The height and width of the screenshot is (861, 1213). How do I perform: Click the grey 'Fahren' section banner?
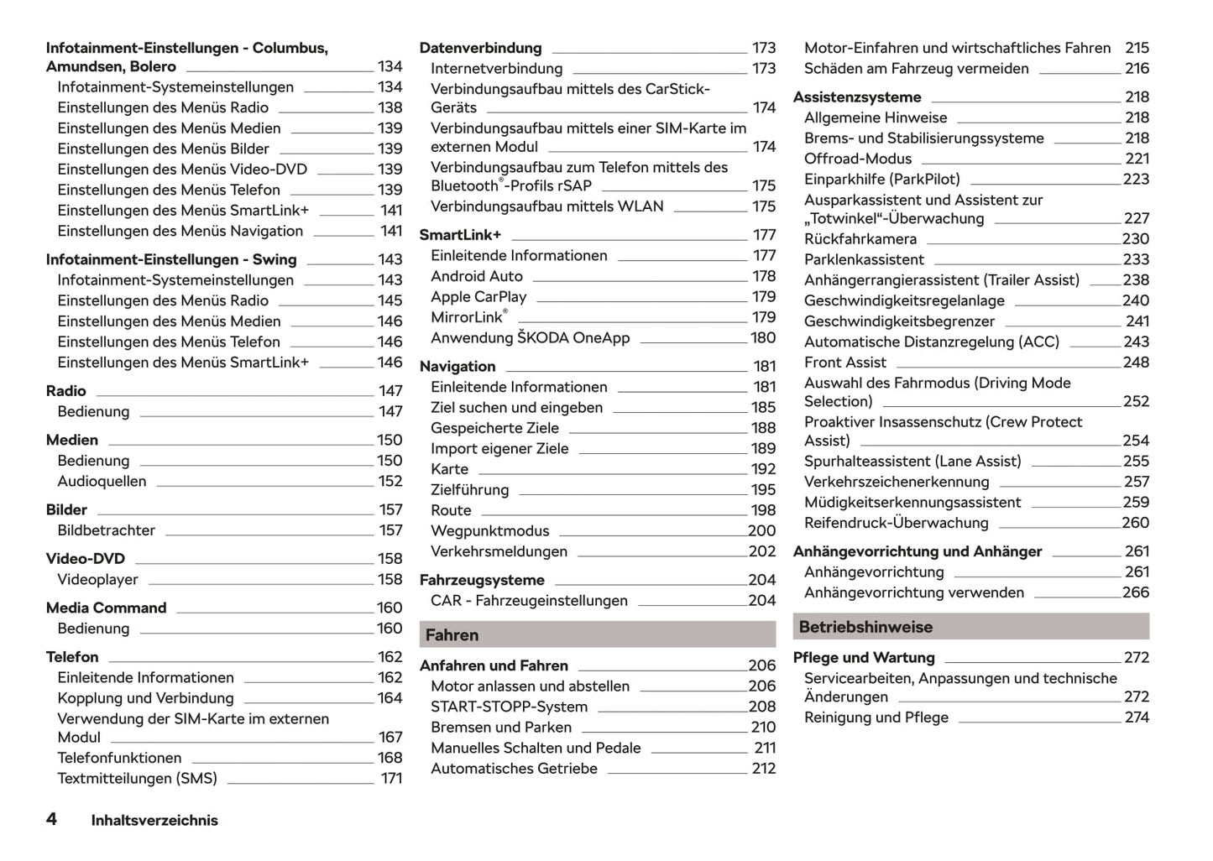pyautogui.click(x=597, y=634)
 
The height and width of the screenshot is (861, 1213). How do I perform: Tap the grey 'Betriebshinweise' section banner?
pyautogui.click(x=970, y=627)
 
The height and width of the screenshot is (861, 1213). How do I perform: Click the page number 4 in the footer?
pyautogui.click(x=51, y=819)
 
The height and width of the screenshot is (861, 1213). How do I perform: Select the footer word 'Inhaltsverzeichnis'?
pyautogui.click(x=154, y=821)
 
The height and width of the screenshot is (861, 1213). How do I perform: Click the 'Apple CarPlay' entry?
pyautogui.click(x=478, y=297)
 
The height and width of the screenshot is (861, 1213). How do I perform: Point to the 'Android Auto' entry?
pyautogui.click(x=477, y=276)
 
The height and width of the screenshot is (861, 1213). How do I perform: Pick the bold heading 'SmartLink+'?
pyautogui.click(x=460, y=235)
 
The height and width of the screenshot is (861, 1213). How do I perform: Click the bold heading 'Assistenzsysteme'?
pyautogui.click(x=857, y=97)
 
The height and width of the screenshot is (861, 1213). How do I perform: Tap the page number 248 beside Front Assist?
pyautogui.click(x=1136, y=363)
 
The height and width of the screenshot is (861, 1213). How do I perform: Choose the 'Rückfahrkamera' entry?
pyautogui.click(x=860, y=239)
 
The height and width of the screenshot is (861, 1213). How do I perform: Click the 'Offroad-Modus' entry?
pyautogui.click(x=858, y=159)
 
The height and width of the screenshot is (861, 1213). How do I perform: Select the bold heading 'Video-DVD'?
pyautogui.click(x=86, y=559)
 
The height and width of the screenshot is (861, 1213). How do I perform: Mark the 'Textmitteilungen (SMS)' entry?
pyautogui.click(x=137, y=779)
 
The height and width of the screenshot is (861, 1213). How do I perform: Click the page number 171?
pyautogui.click(x=391, y=779)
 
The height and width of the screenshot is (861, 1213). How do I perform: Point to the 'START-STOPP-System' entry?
pyautogui.click(x=509, y=707)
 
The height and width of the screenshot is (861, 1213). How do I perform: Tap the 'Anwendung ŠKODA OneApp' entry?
pyautogui.click(x=530, y=338)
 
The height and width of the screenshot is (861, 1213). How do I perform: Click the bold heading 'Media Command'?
pyautogui.click(x=107, y=608)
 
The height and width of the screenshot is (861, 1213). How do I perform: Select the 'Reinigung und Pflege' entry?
pyautogui.click(x=876, y=717)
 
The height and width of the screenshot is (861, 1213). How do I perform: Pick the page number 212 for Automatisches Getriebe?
pyautogui.click(x=764, y=769)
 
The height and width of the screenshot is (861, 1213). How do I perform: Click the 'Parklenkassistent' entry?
pyautogui.click(x=864, y=260)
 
